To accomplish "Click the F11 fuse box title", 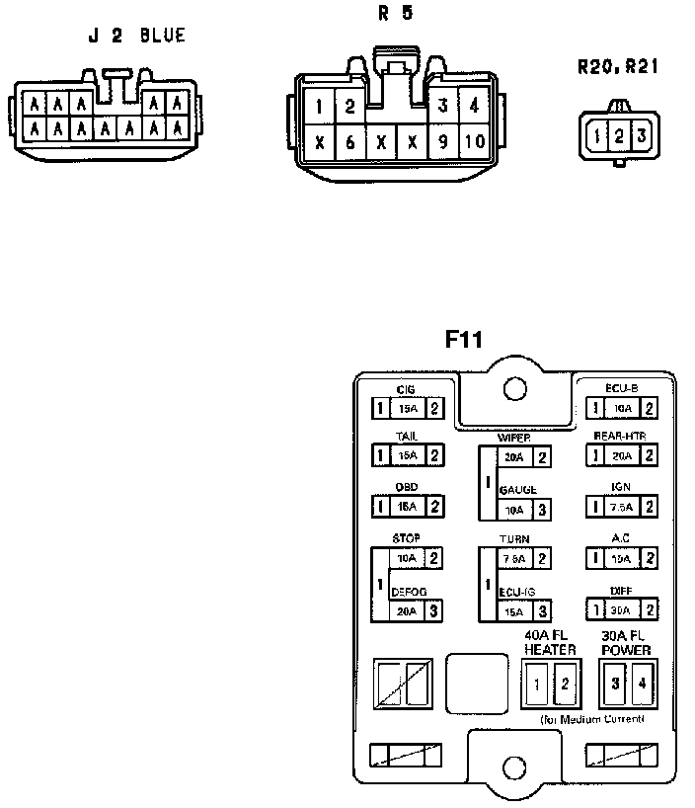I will pos(463,340).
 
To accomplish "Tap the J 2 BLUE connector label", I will pos(136,37).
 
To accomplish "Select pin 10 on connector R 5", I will pos(475,141).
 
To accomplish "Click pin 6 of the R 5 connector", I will pos(349,141).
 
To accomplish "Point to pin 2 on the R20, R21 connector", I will pos(618,135).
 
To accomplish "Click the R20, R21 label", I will pos(618,67).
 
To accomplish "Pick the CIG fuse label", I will pos(405,390).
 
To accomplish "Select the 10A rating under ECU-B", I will pos(621,407).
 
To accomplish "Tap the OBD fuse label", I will pos(406,487).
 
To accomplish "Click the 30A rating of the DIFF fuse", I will pos(621,609).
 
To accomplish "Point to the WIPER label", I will pos(514,437).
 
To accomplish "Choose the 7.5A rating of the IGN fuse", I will pos(621,506).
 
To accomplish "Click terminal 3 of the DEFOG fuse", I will pos(432,610).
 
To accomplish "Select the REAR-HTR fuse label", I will pos(620,436).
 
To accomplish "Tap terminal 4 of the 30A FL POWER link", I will pos(642,683).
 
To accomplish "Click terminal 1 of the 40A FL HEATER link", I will pos(537,683).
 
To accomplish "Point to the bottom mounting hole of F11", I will pos(512,767).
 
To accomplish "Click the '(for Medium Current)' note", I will pos(592,719).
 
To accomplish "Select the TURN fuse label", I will pos(514,539).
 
